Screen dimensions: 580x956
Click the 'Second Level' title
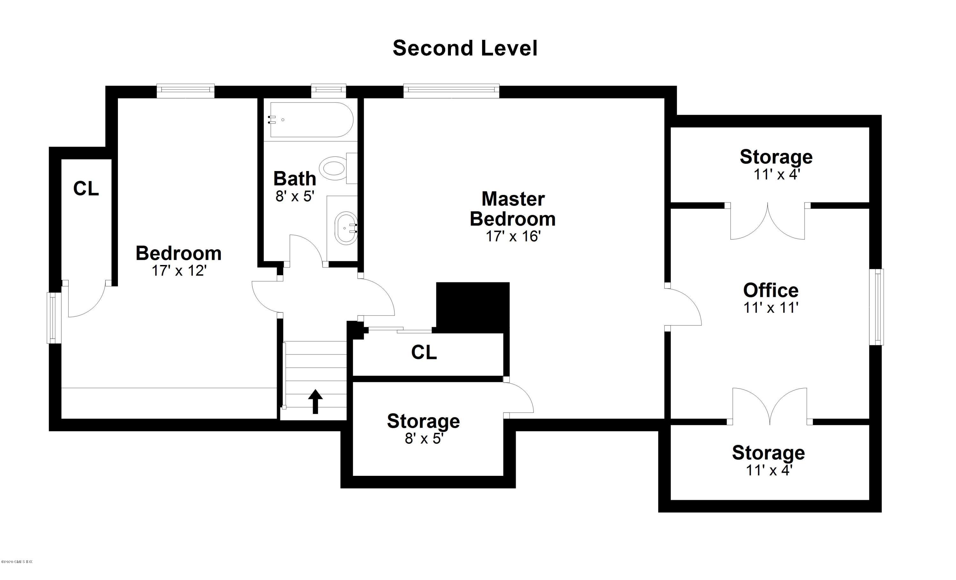click(465, 48)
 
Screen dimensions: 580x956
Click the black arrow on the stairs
click(315, 401)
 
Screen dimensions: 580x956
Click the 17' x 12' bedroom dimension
click(178, 271)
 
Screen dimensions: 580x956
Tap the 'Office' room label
click(771, 290)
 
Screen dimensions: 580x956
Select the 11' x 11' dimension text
click(771, 308)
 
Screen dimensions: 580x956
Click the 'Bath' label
click(294, 179)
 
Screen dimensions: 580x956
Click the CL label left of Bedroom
click(86, 189)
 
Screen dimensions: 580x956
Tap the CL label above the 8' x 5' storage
click(424, 352)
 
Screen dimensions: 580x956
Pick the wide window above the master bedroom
click(451, 91)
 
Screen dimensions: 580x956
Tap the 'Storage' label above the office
click(776, 157)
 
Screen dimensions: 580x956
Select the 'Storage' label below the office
click(768, 453)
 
